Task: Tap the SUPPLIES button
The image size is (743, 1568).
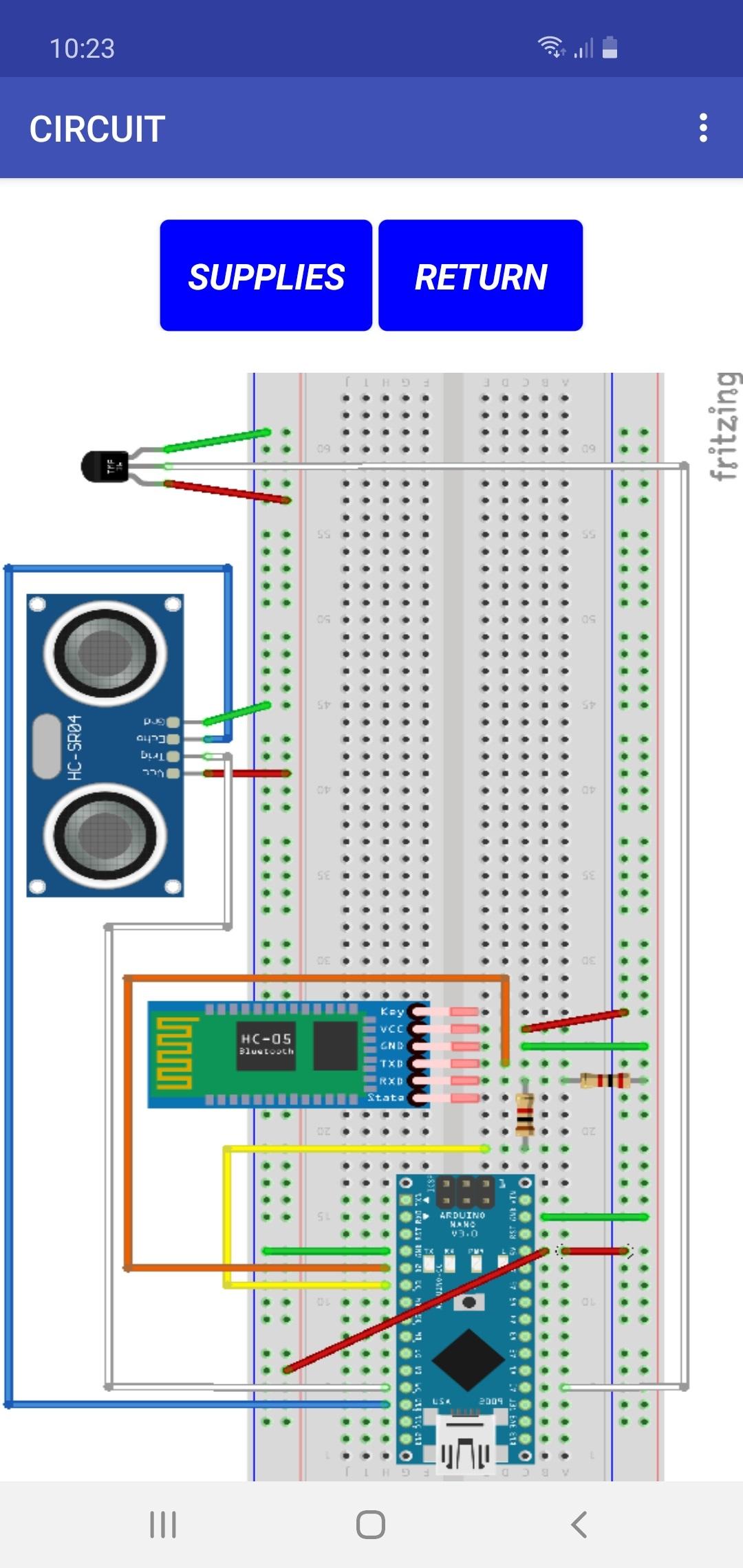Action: click(266, 276)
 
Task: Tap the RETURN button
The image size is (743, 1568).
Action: click(480, 276)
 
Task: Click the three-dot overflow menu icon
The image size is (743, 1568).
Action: click(702, 128)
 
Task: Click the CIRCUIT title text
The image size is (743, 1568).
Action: click(97, 129)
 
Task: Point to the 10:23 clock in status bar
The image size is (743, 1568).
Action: click(82, 49)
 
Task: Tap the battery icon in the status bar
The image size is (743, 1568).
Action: click(610, 48)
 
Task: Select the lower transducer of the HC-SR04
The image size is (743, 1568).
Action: click(105, 836)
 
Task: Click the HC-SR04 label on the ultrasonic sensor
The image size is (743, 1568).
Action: click(74, 747)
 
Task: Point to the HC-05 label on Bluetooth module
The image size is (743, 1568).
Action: click(266, 1039)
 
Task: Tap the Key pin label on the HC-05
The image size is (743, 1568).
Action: click(392, 1012)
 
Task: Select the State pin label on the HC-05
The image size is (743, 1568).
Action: click(386, 1097)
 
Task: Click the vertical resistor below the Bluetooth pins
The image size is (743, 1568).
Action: click(525, 1114)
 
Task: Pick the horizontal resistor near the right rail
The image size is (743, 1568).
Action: click(605, 1080)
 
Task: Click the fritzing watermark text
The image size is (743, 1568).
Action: click(725, 426)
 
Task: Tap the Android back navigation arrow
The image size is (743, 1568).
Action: click(579, 1524)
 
